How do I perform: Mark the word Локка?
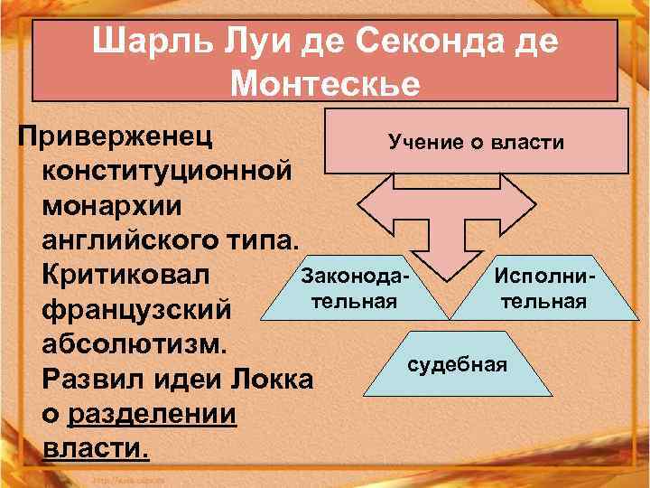coord(271,379)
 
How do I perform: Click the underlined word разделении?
coord(152,413)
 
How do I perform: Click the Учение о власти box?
coord(476,142)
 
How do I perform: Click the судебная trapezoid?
coord(458,364)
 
